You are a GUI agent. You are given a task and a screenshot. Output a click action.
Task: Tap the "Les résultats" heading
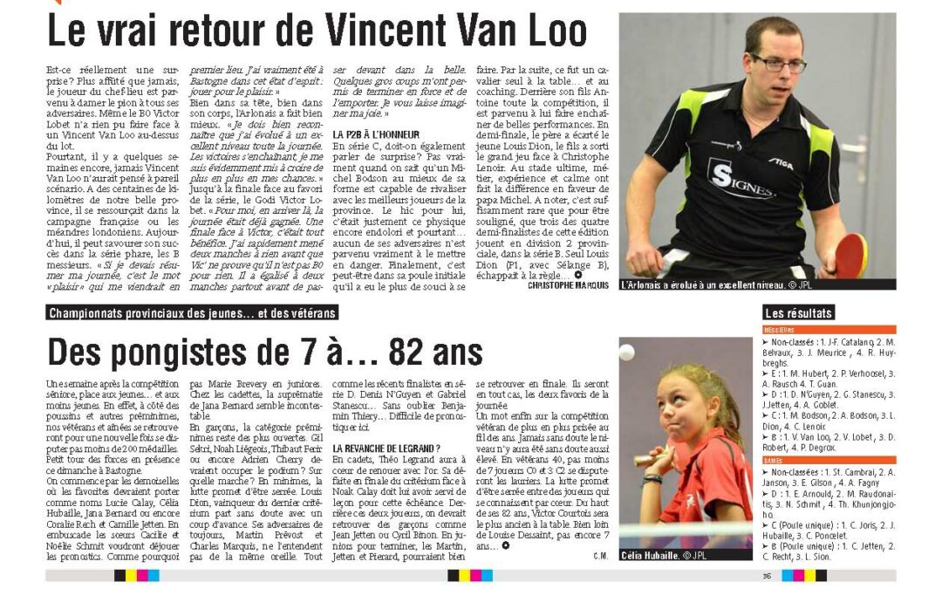tap(798, 312)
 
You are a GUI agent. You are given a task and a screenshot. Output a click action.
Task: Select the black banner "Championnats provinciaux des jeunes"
tap(192, 312)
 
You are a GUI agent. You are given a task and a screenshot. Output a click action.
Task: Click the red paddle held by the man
tap(850, 255)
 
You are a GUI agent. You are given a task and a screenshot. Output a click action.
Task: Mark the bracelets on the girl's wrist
tap(652, 477)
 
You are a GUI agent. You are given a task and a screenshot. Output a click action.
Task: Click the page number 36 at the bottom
tap(767, 575)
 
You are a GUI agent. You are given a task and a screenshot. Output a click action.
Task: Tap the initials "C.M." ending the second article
tap(599, 556)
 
